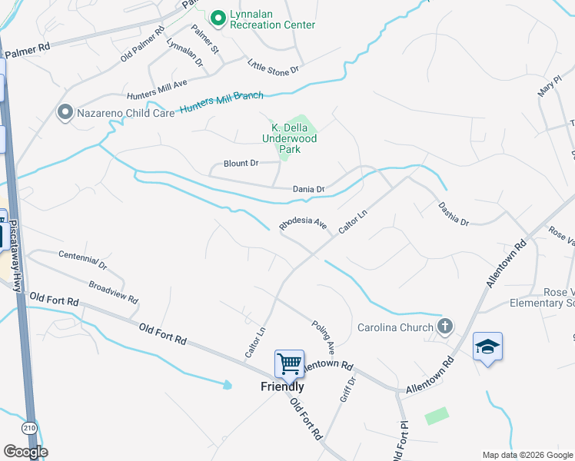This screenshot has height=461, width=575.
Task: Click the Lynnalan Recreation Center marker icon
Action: pos(218,17)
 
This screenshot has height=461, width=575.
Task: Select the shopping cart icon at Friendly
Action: pos(289,363)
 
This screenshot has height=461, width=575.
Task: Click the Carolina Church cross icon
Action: pos(444,327)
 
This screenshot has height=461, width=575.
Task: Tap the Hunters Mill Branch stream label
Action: pos(221,102)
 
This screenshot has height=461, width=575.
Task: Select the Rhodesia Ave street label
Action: pos(303,223)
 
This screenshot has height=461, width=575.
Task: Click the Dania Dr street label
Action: pos(309,189)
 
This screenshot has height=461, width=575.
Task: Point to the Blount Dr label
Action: pos(241,164)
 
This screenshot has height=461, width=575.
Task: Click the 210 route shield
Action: pos(29,427)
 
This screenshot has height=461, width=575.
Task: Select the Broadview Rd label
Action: pos(113,291)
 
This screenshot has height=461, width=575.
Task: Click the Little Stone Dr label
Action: pos(273,67)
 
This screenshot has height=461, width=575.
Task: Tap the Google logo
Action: pos(25,452)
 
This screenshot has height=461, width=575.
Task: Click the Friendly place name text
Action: pos(282,386)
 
